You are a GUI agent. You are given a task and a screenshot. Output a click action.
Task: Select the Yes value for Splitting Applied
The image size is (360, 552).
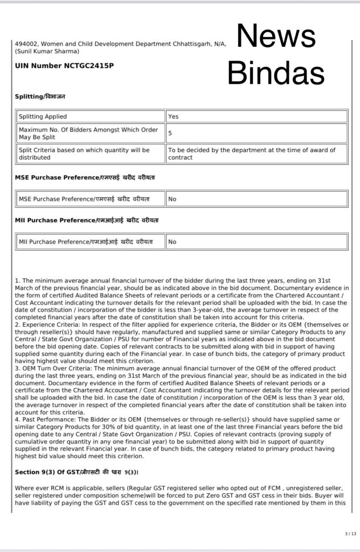point(173,116)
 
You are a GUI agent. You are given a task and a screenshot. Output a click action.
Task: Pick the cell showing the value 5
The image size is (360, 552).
point(170,133)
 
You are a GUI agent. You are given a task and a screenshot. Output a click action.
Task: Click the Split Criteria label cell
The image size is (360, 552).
point(84,154)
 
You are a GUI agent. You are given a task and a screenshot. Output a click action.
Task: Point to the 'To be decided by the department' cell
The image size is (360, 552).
point(251,154)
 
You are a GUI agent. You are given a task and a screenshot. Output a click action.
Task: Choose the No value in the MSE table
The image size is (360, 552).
point(172,199)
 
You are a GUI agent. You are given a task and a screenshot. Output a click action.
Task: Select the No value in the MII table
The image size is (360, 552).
point(172,242)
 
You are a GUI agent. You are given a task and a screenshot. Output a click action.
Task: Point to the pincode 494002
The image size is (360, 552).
point(26,44)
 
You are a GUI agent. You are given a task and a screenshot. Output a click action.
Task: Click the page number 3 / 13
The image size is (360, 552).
point(350,534)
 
